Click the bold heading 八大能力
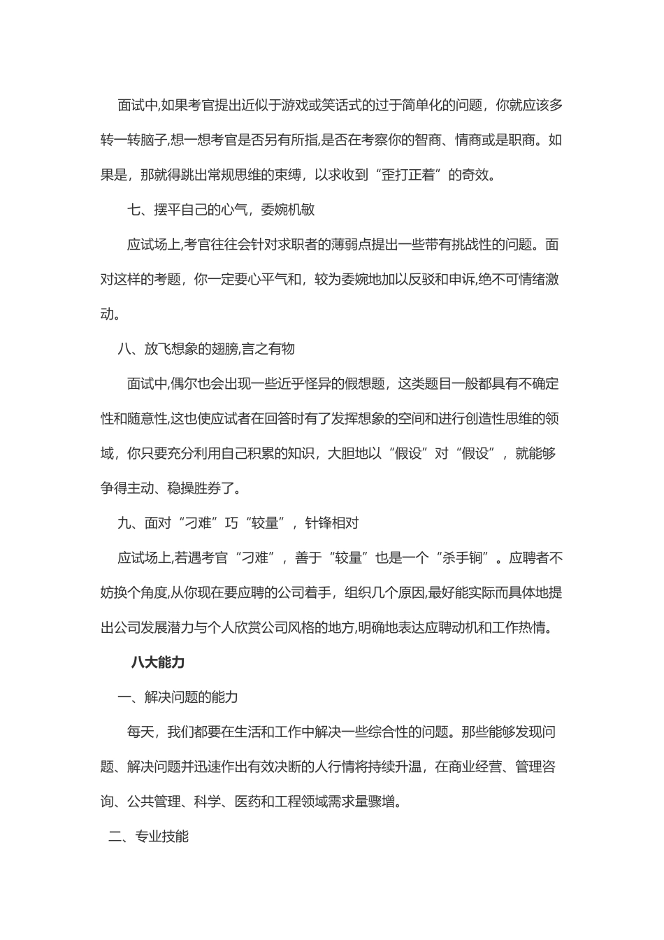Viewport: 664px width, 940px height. point(157,662)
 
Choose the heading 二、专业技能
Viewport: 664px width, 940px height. point(148,836)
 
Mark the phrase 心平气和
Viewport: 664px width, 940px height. point(267,279)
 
